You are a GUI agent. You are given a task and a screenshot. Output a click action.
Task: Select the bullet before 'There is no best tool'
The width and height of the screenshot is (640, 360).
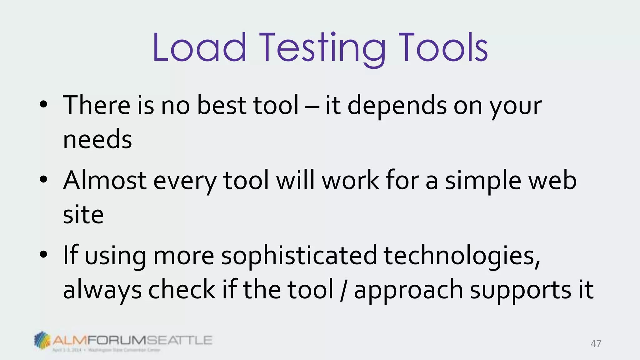coord(43,105)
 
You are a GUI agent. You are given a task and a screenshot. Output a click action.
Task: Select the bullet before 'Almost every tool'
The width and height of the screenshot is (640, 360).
coord(43,180)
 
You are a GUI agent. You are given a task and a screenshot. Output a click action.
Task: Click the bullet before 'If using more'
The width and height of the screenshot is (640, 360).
coord(43,255)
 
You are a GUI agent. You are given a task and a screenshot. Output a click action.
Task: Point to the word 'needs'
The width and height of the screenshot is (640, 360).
coord(97,140)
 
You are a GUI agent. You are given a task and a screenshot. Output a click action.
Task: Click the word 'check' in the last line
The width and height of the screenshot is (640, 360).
coord(182,290)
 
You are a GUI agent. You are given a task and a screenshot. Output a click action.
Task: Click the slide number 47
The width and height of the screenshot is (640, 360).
coord(596,344)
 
